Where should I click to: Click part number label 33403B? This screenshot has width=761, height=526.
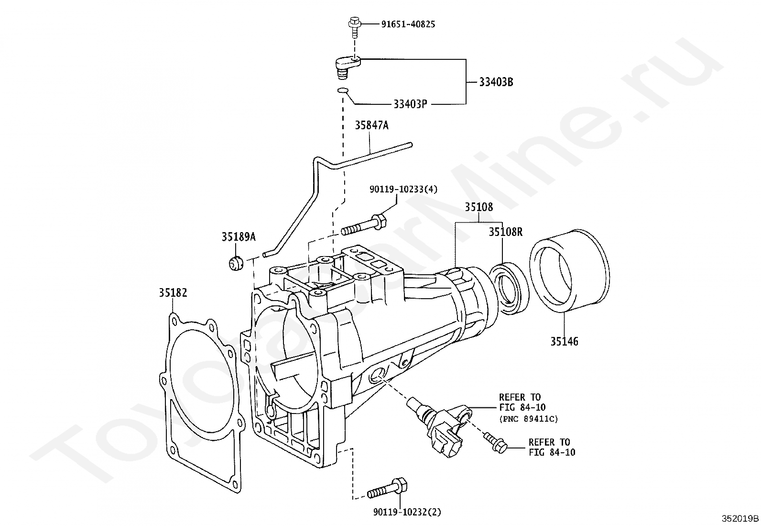(496, 82)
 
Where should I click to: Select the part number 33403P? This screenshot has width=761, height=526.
(410, 104)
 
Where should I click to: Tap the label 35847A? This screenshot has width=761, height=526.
(372, 125)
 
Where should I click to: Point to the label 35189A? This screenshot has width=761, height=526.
(239, 236)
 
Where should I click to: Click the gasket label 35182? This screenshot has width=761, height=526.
(173, 292)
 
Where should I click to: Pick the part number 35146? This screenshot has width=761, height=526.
(564, 341)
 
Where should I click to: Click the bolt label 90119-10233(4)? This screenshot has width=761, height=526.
(403, 189)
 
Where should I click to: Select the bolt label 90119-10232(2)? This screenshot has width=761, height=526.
(407, 512)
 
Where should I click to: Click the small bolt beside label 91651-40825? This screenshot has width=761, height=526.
(354, 27)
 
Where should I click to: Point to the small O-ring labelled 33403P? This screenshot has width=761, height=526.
(343, 90)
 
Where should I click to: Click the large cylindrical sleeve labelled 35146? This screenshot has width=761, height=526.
(569, 271)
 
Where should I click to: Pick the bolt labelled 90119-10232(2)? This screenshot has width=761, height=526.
(387, 489)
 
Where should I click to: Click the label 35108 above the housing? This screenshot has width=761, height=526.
(478, 207)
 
